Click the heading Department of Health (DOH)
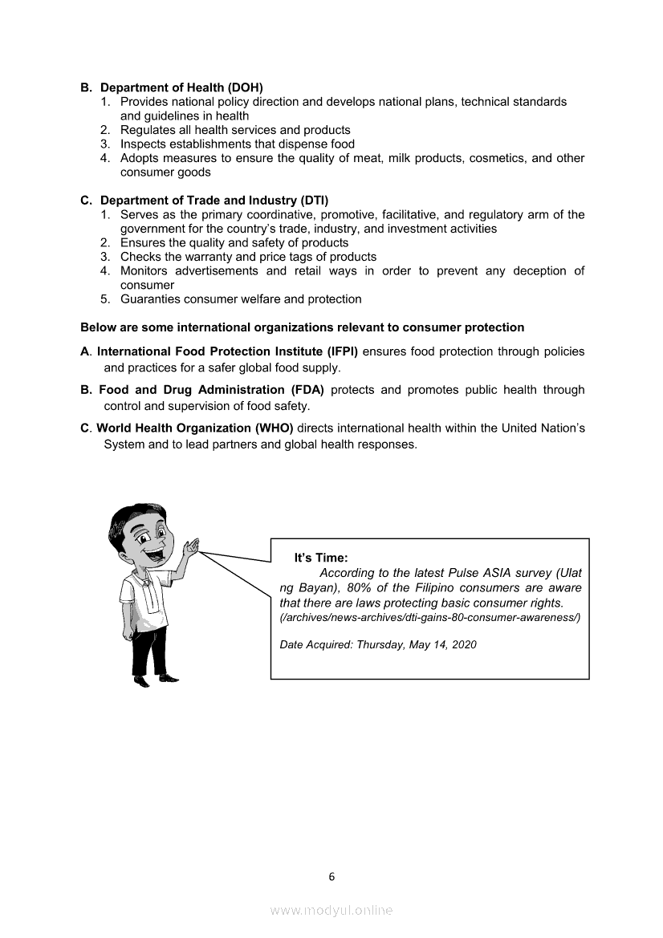click(181, 87)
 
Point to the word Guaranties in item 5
click(150, 299)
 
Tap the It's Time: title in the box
click(321, 558)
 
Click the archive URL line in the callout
click(429, 618)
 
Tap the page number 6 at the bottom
click(331, 876)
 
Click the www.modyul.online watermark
click(331, 911)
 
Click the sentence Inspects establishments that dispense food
click(238, 144)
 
